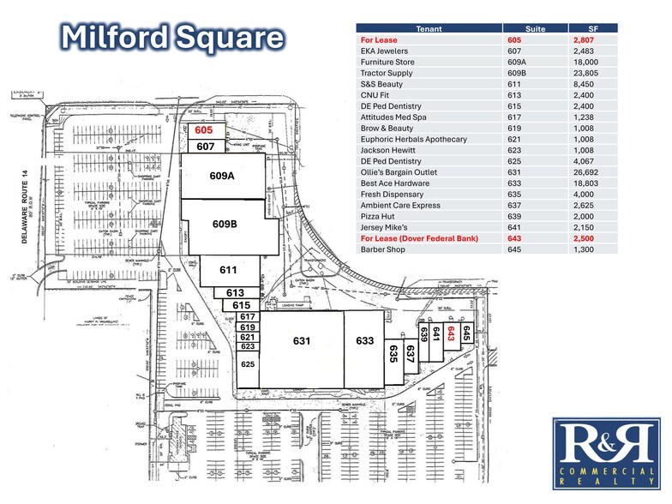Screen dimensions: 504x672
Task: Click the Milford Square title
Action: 172,38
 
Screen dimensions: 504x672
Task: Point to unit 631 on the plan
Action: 301,340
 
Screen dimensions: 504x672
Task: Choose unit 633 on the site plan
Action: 364,340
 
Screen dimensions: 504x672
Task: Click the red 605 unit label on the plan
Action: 203,130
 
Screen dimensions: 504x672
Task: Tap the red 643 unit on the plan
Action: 449,337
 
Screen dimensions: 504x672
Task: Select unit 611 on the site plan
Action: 228,270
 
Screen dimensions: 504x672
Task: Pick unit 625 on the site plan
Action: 247,364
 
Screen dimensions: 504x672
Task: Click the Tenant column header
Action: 429,28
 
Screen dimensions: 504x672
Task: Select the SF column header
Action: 593,28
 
